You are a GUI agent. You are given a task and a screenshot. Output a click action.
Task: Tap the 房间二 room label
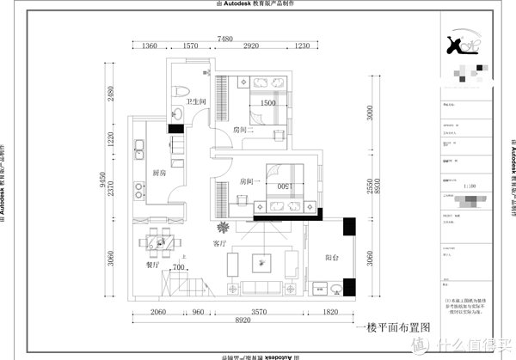coord(245,129)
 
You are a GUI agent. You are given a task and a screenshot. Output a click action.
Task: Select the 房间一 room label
coord(250,182)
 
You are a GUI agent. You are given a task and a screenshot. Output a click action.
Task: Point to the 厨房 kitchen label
coord(159,173)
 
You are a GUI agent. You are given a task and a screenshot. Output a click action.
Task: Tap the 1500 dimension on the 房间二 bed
coord(267,103)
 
